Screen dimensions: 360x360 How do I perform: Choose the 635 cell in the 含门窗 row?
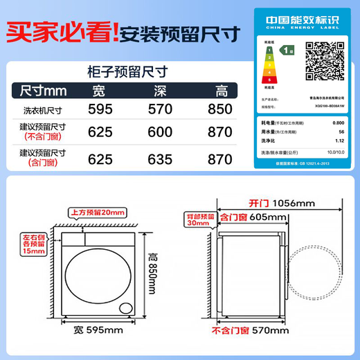[161, 159]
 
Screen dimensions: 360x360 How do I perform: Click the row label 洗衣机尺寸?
[42, 109]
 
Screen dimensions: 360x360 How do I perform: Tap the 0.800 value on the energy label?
[339, 122]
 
